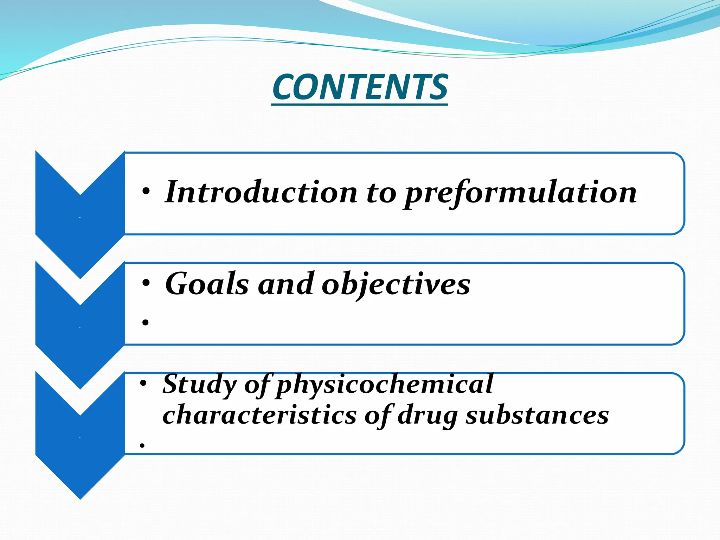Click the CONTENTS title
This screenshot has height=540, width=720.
coord(360,87)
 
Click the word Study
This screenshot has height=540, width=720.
coord(200,384)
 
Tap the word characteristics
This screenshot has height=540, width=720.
coord(259,415)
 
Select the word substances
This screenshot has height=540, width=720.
coord(537,415)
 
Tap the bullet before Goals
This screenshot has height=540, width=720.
coord(146,283)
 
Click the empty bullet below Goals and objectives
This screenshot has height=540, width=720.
coord(146,322)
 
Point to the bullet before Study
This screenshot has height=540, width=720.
coord(143,384)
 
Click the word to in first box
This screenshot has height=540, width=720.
coord(381,193)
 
